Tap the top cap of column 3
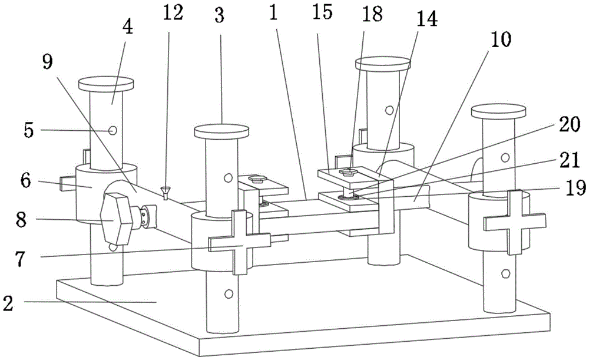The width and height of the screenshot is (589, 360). click(221, 130)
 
